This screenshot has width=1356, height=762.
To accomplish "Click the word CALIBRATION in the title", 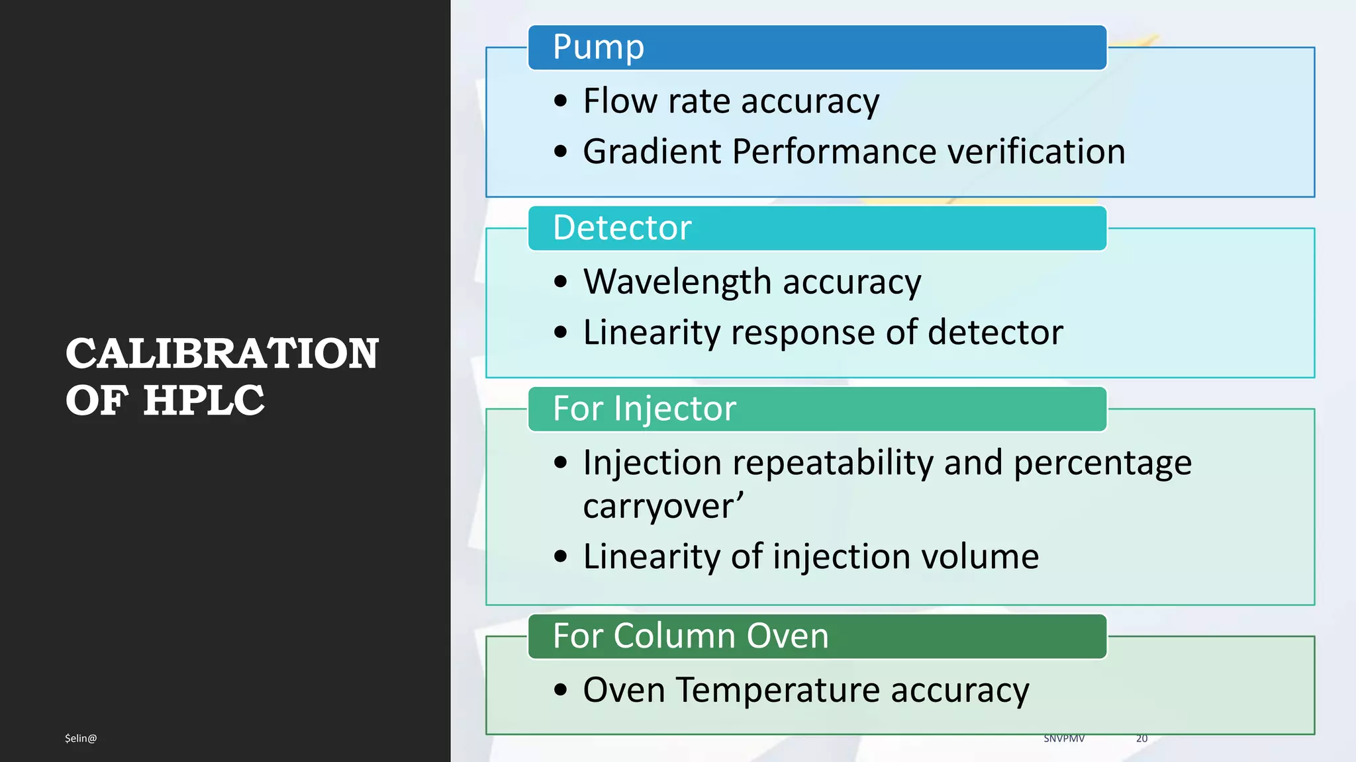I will pos(222,353).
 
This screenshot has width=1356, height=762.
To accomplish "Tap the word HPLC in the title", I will pos(204,401).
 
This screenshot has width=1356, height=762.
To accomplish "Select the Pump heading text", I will pos(598,47).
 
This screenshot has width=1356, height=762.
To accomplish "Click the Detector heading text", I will pos(622,228).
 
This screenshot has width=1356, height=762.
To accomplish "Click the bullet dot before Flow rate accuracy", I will pos(561,101).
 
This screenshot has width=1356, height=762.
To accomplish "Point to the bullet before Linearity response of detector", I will pos(561,332).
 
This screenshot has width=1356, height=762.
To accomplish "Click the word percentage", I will pos(1102,462).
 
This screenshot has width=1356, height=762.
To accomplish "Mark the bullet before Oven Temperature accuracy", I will pos(561,690).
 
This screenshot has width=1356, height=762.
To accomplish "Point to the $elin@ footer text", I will pos(81,738).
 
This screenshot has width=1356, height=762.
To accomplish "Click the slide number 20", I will pos(1141,738).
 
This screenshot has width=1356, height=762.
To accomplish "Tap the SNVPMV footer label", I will pos(1064,738).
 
